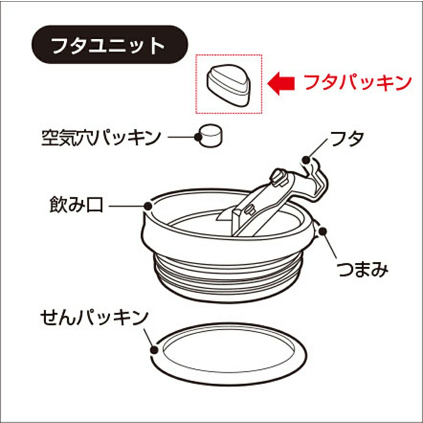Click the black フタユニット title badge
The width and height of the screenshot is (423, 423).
click(110, 44)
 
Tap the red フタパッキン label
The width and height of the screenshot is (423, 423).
click(358, 82)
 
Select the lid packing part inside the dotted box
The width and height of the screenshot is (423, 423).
click(229, 85)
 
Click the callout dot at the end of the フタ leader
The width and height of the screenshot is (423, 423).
click(306, 160)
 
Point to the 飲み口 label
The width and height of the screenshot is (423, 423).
click(76, 205)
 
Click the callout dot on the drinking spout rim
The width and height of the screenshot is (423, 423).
click(148, 206)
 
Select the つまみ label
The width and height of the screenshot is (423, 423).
click(363, 269)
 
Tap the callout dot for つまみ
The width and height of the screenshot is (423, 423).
click(323, 231)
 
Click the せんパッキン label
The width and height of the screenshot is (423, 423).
click(94, 317)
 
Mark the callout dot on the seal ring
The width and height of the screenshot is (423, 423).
click(154, 350)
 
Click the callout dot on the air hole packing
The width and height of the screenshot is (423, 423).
click(198, 137)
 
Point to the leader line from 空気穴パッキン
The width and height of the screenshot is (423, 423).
click(181, 137)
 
